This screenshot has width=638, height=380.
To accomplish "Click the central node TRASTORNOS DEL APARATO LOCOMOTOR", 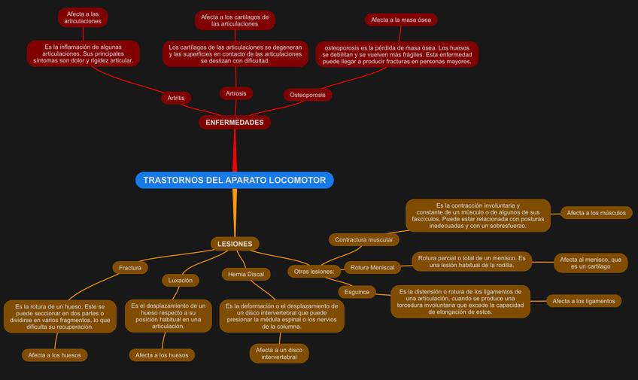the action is pyautogui.click(x=235, y=181).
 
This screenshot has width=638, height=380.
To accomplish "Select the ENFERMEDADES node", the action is pyautogui.click(x=235, y=122).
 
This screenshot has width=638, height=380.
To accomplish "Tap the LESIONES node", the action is pyautogui.click(x=235, y=244).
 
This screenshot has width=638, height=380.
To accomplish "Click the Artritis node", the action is pyautogui.click(x=176, y=98).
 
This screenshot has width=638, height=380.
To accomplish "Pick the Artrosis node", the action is pyautogui.click(x=236, y=93).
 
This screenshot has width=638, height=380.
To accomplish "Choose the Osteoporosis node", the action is pyautogui.click(x=308, y=95).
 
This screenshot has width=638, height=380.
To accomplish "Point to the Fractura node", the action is pyautogui.click(x=130, y=267).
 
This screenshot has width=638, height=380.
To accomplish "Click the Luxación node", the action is pyautogui.click(x=181, y=280).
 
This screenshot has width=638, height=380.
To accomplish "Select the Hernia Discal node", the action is pyautogui.click(x=246, y=274).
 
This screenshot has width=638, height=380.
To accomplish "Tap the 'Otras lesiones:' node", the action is pyautogui.click(x=314, y=271).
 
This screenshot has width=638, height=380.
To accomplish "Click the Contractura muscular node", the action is pyautogui.click(x=364, y=239).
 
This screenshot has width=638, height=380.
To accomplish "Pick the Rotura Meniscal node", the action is pyautogui.click(x=372, y=267).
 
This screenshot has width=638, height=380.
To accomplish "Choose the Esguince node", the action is pyautogui.click(x=357, y=291).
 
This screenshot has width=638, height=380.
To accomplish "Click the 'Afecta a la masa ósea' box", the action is pyautogui.click(x=401, y=20).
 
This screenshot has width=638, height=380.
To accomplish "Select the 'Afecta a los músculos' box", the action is pyautogui.click(x=596, y=213).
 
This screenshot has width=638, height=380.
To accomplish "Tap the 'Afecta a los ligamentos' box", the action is pyautogui.click(x=584, y=301).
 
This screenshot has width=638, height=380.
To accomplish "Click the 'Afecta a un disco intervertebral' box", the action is pyautogui.click(x=279, y=354).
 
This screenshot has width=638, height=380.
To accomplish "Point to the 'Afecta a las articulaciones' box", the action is pyautogui.click(x=83, y=17).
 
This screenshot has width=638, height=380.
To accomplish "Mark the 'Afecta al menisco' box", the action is pyautogui.click(x=591, y=263).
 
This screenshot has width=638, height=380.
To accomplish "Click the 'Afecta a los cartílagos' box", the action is pyautogui.click(x=235, y=20).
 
